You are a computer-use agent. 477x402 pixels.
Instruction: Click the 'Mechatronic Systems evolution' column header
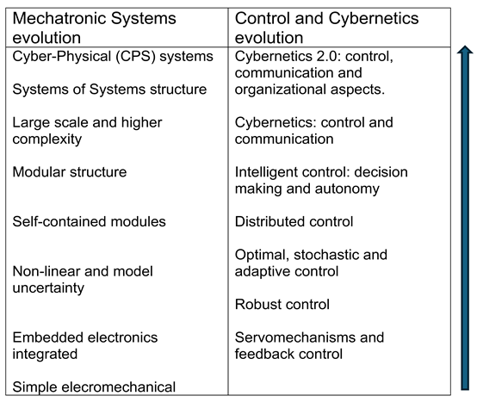[x=95, y=28]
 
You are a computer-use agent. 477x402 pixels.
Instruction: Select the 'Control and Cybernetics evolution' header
[x=326, y=28]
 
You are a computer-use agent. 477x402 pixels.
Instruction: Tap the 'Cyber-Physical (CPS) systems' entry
[x=113, y=57]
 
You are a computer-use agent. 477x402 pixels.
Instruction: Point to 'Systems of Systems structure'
[x=109, y=90]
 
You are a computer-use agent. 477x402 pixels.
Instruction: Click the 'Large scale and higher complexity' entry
[x=87, y=131]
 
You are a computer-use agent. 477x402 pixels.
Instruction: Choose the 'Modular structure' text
[x=70, y=172]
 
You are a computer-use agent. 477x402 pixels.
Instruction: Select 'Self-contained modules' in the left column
[x=90, y=222]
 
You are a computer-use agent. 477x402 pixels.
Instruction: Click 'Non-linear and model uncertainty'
[x=83, y=280]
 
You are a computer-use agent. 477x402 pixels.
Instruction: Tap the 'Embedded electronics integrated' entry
[x=85, y=346]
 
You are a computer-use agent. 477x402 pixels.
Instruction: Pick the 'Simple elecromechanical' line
[x=94, y=387]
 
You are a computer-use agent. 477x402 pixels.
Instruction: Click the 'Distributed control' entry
[x=294, y=222]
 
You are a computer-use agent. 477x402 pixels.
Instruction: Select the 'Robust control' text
[x=282, y=305]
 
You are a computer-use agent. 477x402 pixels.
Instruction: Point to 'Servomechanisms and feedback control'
[x=309, y=346]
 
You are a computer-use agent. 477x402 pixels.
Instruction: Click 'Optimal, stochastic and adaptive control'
[x=311, y=263]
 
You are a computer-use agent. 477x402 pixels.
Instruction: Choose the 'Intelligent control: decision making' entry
[x=321, y=180]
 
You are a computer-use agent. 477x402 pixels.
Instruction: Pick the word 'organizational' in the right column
[x=281, y=90]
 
